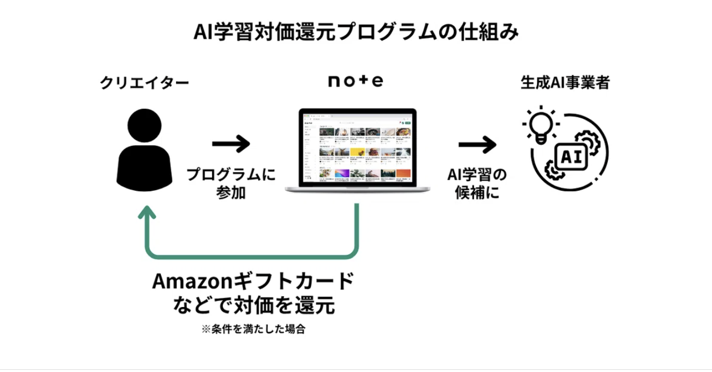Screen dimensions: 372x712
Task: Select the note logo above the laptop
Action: coord(355,81)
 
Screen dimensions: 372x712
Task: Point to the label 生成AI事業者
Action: coord(565,83)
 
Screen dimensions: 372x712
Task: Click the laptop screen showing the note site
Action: coord(356,147)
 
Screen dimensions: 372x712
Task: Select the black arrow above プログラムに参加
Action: coord(231,144)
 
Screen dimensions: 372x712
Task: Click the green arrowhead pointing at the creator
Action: coord(147,212)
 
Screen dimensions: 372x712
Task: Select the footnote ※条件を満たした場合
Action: coord(253,329)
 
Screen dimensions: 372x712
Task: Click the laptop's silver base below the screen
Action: coord(356,189)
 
